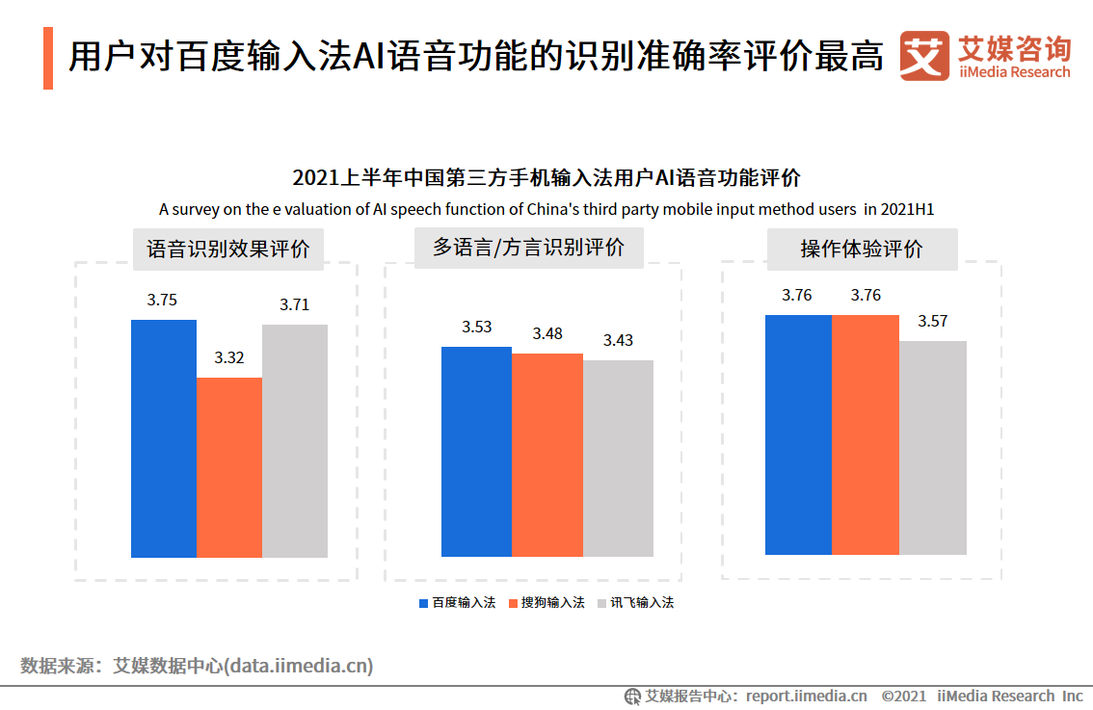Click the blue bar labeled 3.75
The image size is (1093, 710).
(164, 438)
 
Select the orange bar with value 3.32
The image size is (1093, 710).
(229, 467)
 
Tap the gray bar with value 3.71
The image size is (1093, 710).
(295, 441)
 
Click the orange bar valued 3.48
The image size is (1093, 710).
(547, 455)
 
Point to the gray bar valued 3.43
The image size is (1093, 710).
(618, 458)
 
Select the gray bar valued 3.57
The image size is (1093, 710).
(933, 447)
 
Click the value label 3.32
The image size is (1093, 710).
(229, 357)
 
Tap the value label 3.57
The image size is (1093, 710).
(932, 321)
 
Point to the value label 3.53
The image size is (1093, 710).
(476, 327)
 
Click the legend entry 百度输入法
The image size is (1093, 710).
(457, 603)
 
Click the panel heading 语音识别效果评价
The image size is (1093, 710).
(228, 249)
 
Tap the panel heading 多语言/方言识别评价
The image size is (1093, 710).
(528, 248)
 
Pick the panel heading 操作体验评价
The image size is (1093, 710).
(862, 249)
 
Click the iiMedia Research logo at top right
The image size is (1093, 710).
(985, 57)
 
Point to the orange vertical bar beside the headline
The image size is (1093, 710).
(48, 59)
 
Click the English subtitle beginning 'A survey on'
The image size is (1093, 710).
(546, 209)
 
